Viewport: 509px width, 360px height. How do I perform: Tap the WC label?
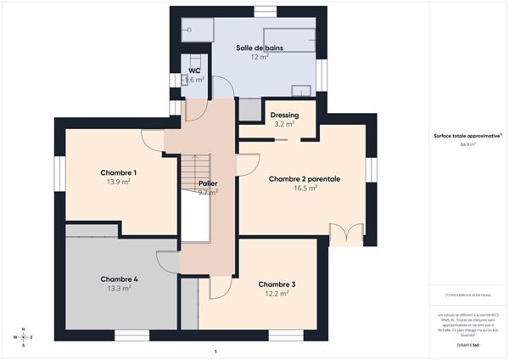click(193, 70)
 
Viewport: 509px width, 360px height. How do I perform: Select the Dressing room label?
click(284, 115)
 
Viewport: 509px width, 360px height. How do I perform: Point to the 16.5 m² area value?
click(305, 188)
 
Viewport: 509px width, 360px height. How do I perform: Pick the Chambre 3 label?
click(277, 284)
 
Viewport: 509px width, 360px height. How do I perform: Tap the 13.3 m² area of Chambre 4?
click(119, 289)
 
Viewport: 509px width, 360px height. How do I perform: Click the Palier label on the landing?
click(208, 183)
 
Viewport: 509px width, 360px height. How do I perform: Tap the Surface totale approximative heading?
click(467, 136)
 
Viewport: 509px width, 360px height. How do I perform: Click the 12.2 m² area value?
click(277, 294)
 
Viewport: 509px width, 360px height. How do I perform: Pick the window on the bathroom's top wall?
click(265, 11)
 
